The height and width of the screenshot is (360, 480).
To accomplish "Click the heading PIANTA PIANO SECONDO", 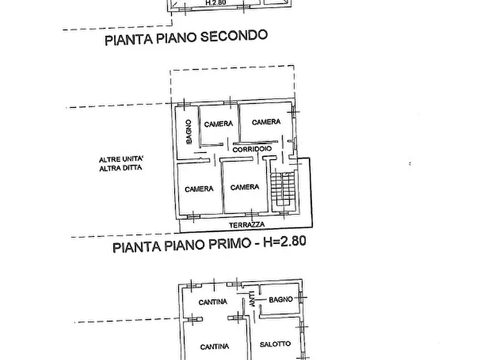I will [x=186, y=38].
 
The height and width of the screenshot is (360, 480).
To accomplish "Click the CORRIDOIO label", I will [x=252, y=149].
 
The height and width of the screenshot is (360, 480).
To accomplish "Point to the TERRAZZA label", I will [x=246, y=225].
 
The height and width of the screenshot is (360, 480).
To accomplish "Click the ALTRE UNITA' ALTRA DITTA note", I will [x=121, y=163].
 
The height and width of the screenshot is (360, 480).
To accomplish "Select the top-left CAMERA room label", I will [x=218, y=124].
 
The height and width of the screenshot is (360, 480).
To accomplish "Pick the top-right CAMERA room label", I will [x=266, y=122].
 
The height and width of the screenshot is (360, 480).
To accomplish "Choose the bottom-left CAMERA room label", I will [x=199, y=189].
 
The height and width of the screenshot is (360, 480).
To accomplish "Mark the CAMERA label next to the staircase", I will [x=245, y=188].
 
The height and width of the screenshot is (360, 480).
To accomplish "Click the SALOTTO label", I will [x=275, y=344].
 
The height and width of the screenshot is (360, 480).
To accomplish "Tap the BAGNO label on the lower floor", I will [x=281, y=299].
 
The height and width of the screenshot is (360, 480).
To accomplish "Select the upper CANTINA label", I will [x=212, y=303].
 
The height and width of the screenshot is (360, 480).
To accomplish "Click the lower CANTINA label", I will [x=214, y=347].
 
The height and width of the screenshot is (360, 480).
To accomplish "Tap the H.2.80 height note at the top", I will [x=216, y=2].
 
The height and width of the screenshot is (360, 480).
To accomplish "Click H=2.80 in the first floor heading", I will [x=284, y=242].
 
